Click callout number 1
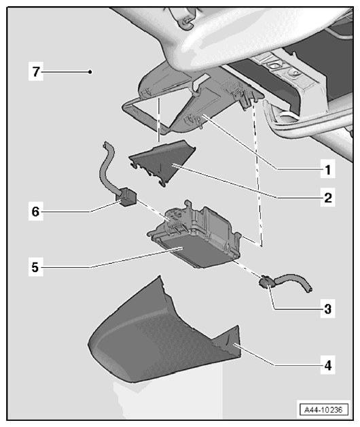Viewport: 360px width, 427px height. [x=328, y=170]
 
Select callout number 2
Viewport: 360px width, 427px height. [x=328, y=197]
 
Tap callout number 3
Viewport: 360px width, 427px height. [x=328, y=309]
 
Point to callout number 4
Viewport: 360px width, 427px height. [x=328, y=365]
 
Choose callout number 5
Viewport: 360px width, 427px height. [x=35, y=267]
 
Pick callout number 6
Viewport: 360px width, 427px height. [x=35, y=211]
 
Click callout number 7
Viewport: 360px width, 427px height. [x=36, y=72]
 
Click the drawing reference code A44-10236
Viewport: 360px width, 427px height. [x=323, y=409]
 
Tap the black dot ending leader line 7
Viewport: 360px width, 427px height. [x=90, y=72]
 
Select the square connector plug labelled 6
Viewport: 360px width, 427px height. [x=126, y=197]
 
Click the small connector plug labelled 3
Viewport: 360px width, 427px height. [x=266, y=281]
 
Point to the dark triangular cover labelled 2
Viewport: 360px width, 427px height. [x=163, y=161]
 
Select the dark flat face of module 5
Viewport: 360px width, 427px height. [x=190, y=250]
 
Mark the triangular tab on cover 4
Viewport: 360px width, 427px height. [x=230, y=341]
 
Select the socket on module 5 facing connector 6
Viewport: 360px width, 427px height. [x=174, y=218]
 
